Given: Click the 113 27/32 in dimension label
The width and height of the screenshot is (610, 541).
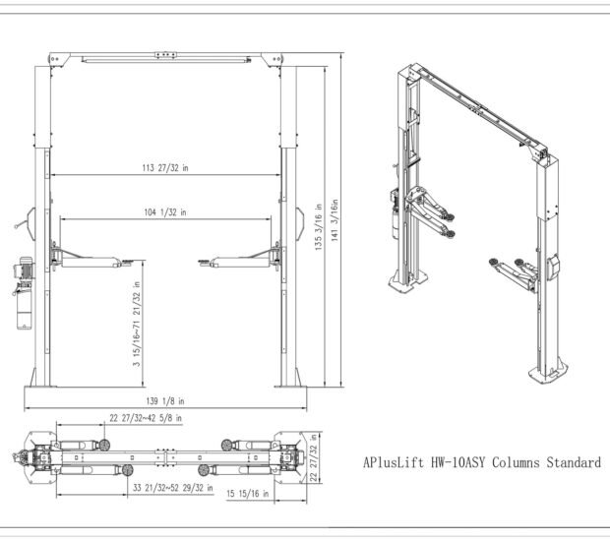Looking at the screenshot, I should pos(164,168).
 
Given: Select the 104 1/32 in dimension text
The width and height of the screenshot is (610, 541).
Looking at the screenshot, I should pos(164,212).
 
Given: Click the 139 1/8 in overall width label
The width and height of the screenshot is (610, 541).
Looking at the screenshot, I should pos(164,401).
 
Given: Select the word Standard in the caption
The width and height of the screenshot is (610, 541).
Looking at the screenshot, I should pos(570,462).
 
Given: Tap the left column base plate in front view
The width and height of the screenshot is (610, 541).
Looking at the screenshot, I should pos(41,383).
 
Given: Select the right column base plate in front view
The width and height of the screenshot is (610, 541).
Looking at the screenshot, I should pos(290,383).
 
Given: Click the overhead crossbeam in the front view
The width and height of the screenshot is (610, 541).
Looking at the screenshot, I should pos(165,59).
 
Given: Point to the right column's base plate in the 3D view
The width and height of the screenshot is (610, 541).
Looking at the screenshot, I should pos(549,372).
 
